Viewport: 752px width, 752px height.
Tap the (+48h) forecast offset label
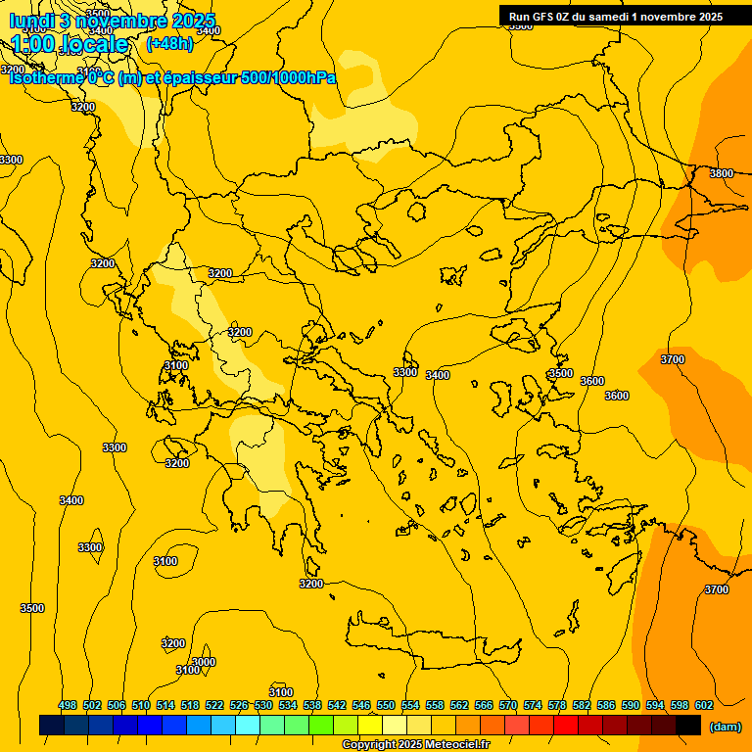169,43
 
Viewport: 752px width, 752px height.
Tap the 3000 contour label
203,662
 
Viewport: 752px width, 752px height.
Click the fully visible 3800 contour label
721,173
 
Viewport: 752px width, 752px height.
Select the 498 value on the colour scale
68,705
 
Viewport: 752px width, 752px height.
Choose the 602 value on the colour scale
704,705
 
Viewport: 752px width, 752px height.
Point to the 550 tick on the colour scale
386,705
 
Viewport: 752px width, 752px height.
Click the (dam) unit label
726,726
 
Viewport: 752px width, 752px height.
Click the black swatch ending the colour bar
688,725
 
